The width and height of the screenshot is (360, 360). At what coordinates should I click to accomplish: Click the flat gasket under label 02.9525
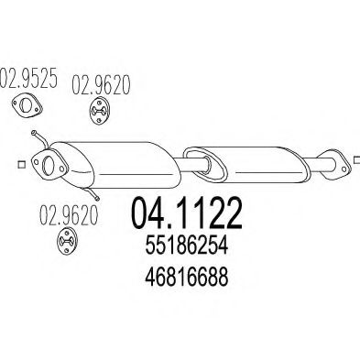click(30, 109)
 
